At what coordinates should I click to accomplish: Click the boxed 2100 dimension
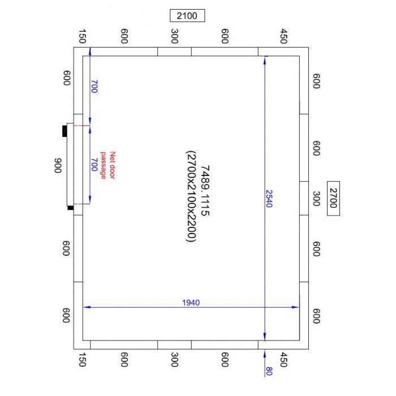[x=187, y=16]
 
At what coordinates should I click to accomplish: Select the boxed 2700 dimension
[x=333, y=198]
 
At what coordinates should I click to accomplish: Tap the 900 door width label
[x=58, y=166]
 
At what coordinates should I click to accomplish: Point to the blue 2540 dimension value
[x=269, y=199]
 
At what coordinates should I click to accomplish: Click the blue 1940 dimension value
[x=191, y=303]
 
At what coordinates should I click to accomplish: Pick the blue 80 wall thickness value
[x=269, y=371]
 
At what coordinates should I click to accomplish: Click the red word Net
[x=113, y=156]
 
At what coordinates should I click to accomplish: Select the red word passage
[x=104, y=165]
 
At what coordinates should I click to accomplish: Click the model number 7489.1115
[x=205, y=191]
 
